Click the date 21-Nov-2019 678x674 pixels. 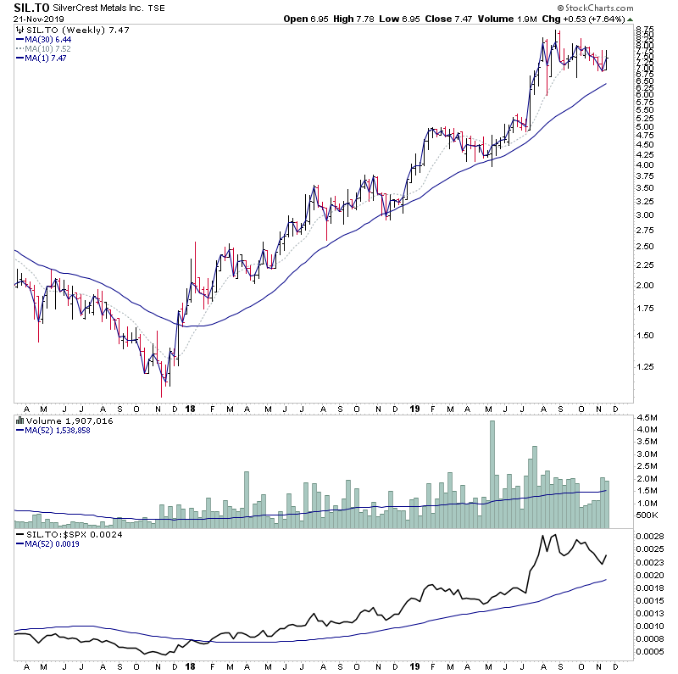point(28,19)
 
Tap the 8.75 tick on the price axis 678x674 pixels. point(643,31)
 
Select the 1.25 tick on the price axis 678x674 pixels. point(643,367)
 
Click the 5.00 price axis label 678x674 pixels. point(643,127)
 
